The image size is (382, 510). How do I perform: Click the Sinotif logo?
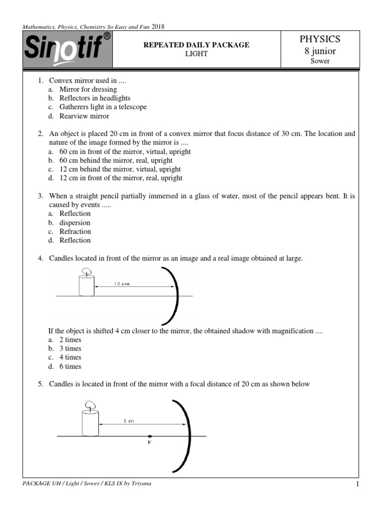pos(68,50)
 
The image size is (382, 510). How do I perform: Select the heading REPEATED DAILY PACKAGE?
pos(196,45)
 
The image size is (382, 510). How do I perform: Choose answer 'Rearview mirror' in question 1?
pos(84,116)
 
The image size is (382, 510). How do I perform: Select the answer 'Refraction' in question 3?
pos(75,231)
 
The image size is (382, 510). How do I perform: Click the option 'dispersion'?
pos(75,223)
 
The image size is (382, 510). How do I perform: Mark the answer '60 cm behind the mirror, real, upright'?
pos(116,160)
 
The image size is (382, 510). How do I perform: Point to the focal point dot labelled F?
pos(150,436)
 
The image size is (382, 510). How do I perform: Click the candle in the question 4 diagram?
pos(87,283)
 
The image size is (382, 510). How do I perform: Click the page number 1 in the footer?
pos(357,485)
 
